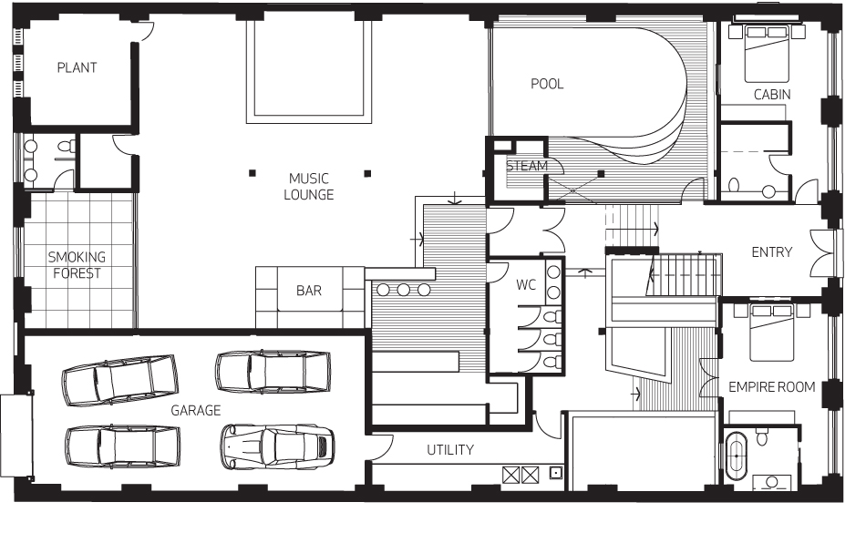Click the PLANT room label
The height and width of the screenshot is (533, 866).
[x=77, y=67]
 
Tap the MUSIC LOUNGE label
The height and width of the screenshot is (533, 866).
[x=309, y=187]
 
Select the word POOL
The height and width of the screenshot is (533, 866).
[x=547, y=84]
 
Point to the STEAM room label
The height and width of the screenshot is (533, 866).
[x=527, y=166]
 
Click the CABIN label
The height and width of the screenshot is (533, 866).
[x=772, y=95]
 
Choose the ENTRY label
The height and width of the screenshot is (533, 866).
[x=772, y=252]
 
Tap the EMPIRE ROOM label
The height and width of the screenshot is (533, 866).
[x=772, y=387]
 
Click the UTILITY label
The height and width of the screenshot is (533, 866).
[x=450, y=450]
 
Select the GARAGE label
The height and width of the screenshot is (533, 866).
[x=195, y=411]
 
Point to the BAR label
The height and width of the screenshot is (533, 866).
[x=309, y=291]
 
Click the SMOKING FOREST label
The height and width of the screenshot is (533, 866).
[x=77, y=265]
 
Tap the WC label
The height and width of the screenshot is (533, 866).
[x=526, y=285]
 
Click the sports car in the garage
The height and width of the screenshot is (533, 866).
[x=277, y=447]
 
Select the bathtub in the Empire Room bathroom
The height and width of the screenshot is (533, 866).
[x=736, y=456]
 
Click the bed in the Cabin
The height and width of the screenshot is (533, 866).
[x=767, y=53]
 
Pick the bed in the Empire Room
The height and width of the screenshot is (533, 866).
[x=771, y=332]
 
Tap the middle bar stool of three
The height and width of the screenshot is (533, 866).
[x=403, y=290]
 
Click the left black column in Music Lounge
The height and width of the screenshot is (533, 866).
[x=253, y=173]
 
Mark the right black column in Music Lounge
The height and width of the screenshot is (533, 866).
[x=367, y=174]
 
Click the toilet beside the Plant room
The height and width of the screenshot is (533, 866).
[x=67, y=147]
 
